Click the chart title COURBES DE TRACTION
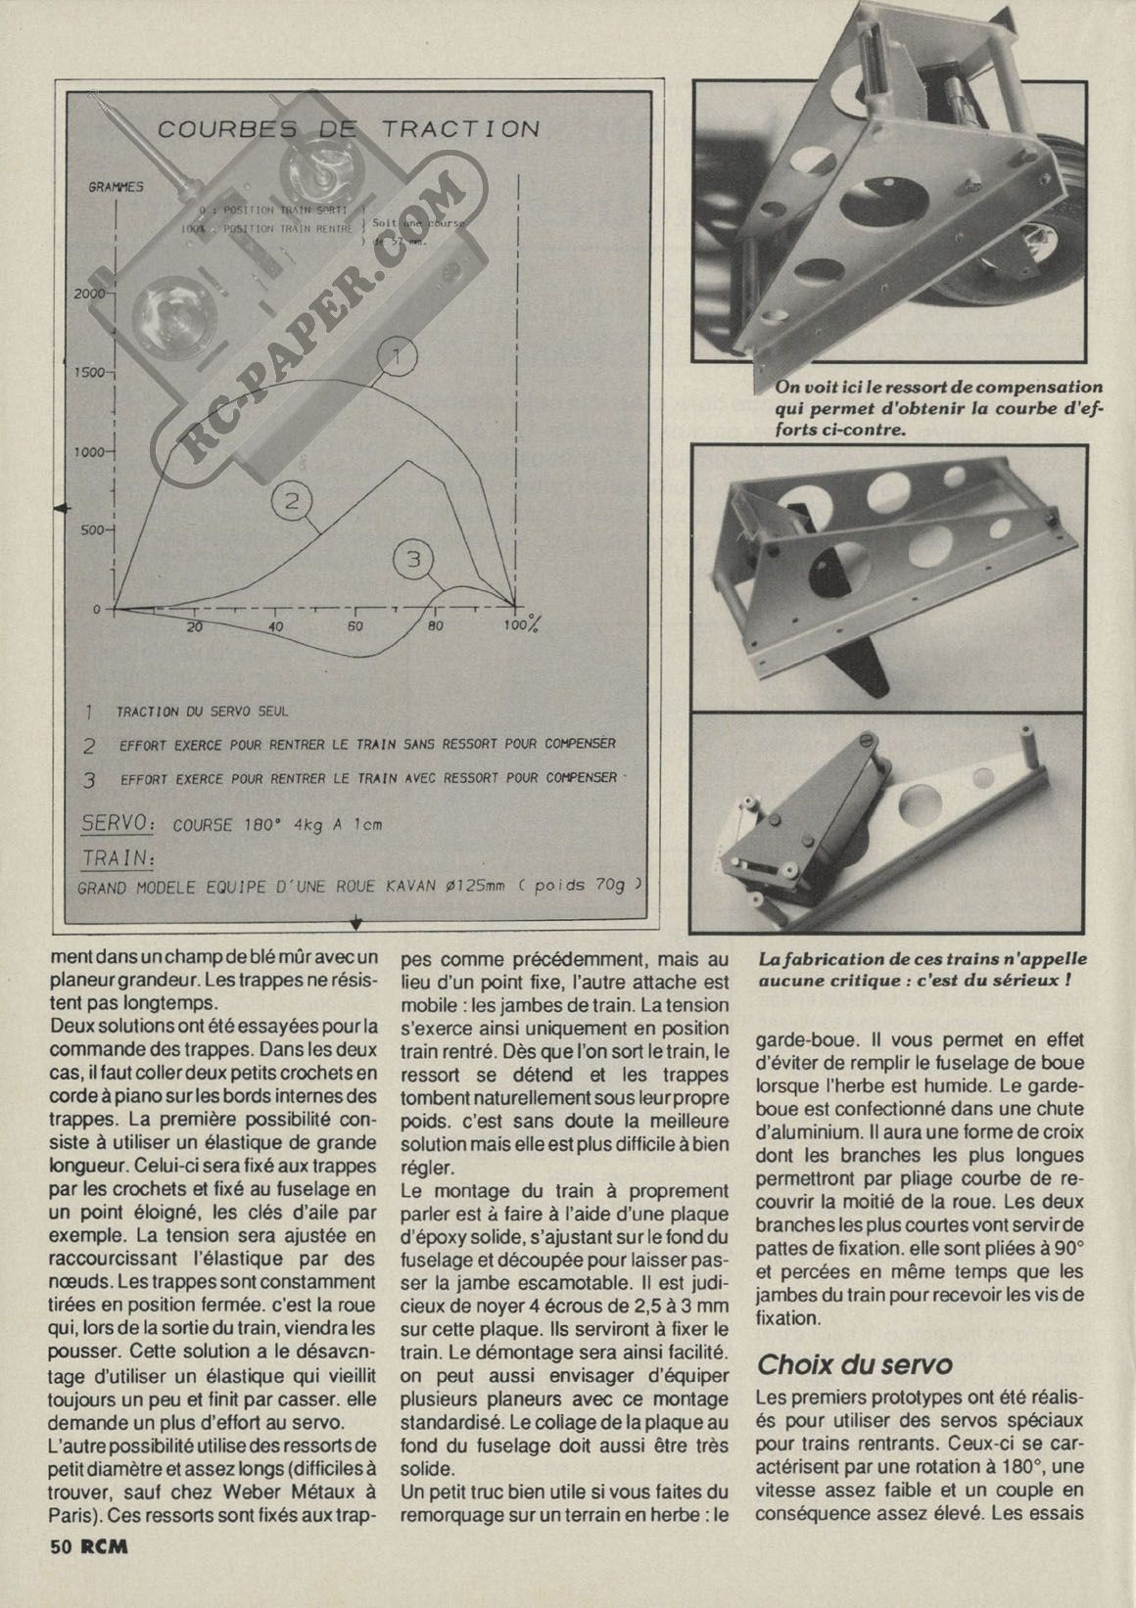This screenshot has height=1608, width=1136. coord(349,128)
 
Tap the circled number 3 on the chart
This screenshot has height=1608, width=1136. coord(412,559)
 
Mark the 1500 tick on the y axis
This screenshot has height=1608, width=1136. coord(90,372)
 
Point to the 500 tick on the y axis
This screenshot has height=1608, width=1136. coord(94,530)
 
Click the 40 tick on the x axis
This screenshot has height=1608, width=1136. coord(276,626)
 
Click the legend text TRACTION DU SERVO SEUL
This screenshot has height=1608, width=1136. coord(203,712)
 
